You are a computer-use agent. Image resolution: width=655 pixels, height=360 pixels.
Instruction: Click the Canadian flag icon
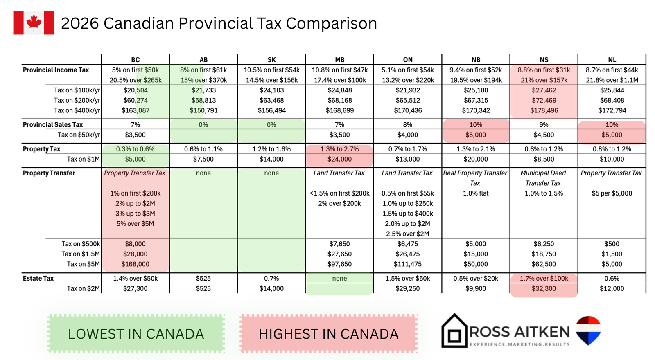click(34, 23)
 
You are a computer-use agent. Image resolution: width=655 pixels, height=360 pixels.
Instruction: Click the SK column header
click(271, 60)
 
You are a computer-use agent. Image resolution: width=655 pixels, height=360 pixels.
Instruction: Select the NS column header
click(544, 60)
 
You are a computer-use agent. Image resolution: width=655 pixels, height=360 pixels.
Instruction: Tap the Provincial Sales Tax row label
click(53, 125)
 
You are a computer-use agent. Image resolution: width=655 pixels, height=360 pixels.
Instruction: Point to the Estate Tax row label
click(38, 279)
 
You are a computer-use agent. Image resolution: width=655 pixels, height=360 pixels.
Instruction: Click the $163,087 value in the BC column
click(136, 110)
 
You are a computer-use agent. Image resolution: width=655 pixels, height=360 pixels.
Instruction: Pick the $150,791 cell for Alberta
click(203, 110)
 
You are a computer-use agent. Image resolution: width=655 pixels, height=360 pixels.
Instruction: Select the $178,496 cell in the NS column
click(544, 110)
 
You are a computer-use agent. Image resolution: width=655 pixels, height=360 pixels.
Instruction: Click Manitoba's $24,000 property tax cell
click(339, 160)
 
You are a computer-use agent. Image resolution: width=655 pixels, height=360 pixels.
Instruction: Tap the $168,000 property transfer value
click(136, 264)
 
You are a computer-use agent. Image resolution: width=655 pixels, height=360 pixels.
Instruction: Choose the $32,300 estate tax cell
click(544, 288)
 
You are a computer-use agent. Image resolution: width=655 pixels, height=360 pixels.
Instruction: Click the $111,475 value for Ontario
click(407, 264)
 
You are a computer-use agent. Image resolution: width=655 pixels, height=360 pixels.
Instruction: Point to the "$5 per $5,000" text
click(612, 193)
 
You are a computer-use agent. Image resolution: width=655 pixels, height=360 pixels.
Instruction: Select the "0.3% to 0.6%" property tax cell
click(136, 149)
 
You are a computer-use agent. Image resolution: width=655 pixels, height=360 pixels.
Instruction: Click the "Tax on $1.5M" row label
click(81, 254)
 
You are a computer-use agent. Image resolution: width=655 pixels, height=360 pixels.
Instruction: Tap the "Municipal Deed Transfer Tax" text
click(543, 178)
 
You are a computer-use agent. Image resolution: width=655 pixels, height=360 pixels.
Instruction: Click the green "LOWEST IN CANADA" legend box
click(136, 334)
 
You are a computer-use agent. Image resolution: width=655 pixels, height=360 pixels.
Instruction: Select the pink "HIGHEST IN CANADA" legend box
click(328, 334)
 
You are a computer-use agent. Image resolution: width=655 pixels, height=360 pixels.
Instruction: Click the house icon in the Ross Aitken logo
click(454, 331)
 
